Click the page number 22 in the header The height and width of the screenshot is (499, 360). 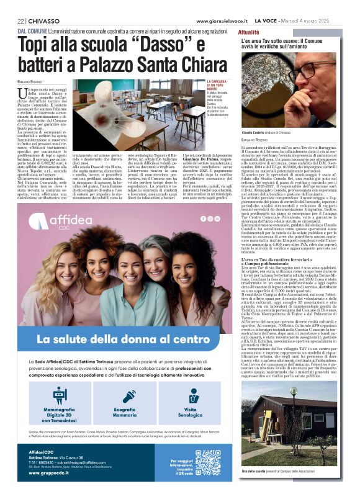[x=20, y=21]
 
